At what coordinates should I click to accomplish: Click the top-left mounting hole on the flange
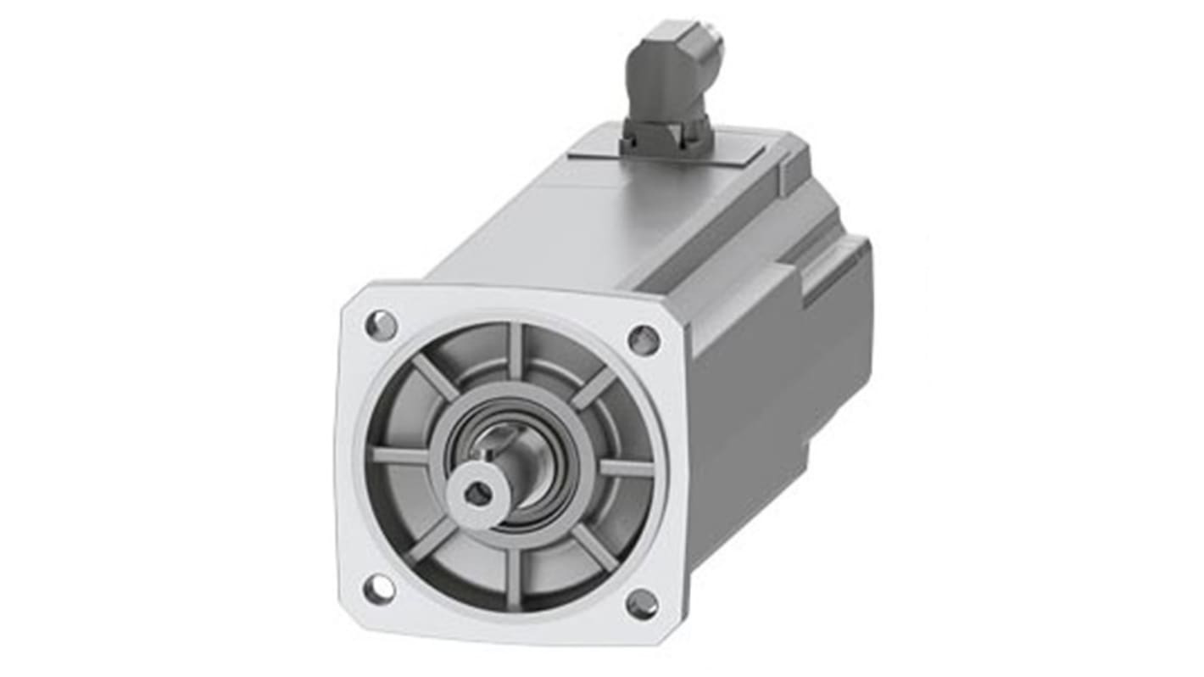pos(381,324)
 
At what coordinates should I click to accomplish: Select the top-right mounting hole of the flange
pos(644,340)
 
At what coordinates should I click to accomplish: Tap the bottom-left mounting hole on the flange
pos(378,588)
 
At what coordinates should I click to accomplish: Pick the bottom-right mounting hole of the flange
pos(642,604)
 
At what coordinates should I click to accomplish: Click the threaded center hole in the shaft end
pos(478,493)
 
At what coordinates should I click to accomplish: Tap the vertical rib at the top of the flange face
pos(515,350)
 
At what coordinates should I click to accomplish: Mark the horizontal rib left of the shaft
pos(401,456)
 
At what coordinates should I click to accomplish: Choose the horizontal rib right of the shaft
pos(626,467)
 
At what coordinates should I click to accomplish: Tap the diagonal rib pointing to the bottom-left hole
pos(432,538)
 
